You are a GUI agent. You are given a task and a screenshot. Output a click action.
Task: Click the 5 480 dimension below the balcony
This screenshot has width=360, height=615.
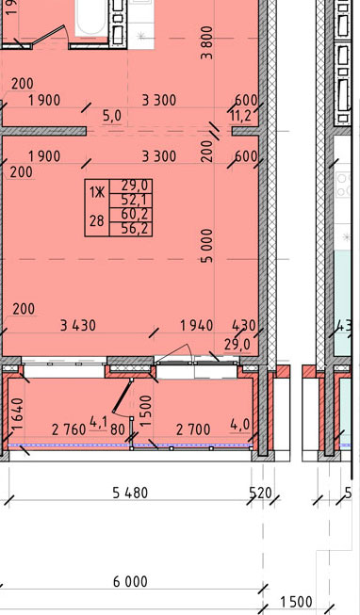coord(130,493)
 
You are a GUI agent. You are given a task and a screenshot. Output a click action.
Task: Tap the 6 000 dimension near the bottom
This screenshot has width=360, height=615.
coord(130,582)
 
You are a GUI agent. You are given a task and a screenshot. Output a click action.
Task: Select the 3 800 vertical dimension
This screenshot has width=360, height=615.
coord(207,42)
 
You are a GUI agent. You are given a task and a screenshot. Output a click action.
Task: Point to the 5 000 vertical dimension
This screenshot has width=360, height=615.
coord(207,246)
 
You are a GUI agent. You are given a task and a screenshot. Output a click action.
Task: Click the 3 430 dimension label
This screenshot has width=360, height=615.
coord(78,326)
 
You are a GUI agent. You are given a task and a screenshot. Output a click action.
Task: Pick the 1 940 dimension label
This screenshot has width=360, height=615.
coord(196,326)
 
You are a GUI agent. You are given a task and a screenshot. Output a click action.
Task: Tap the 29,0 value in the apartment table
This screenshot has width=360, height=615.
coord(131,185)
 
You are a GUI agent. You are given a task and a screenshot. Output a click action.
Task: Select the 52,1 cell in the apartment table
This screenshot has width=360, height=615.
coord(131,201)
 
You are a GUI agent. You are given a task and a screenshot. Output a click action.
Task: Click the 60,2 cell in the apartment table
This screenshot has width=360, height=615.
coord(131,215)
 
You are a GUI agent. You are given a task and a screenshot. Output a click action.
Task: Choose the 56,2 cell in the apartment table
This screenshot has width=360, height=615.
coord(131,229)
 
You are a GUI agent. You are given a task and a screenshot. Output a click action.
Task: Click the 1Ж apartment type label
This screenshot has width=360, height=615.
coord(97,192)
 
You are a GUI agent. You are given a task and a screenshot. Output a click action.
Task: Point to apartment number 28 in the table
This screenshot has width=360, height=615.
coord(96,221)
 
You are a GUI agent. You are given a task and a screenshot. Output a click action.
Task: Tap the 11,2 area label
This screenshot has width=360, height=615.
coord(240,116)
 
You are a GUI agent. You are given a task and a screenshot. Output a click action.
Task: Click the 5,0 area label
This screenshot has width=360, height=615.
coord(112,116)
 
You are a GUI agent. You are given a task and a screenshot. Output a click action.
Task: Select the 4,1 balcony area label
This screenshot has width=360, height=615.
coord(99,423)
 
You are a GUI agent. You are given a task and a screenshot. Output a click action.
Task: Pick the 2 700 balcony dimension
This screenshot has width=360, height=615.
coord(193,429)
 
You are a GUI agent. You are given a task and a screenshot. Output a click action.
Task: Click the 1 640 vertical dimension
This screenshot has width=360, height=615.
coord(19,413)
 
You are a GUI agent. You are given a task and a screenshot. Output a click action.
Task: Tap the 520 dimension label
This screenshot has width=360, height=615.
coord(261,493)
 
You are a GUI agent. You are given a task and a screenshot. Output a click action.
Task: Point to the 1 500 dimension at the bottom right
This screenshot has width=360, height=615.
coord(297,602)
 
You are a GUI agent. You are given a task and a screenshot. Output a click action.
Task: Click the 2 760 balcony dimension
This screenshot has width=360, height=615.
coord(69,430)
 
